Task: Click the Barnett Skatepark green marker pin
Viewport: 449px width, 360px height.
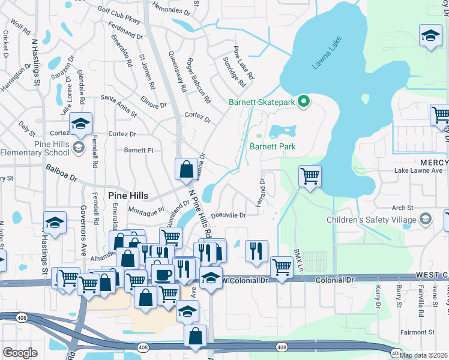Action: tap(304, 102)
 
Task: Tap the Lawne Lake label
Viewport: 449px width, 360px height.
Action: tap(326, 58)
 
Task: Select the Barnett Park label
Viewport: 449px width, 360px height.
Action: tap(273, 146)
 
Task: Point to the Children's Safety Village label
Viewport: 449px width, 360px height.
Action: tap(371, 220)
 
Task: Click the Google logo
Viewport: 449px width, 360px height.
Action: tap(20, 353)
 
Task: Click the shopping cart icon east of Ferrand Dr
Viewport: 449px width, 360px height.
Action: tap(310, 176)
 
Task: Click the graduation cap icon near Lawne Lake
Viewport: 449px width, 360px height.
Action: tap(430, 35)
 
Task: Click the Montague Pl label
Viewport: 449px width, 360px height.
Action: tap(146, 211)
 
